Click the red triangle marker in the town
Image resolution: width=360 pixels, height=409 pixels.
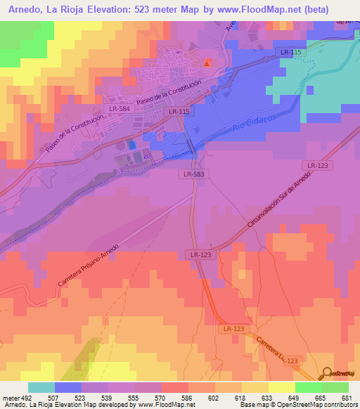(x=207, y=64)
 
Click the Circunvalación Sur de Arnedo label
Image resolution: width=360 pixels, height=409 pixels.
(x=279, y=204)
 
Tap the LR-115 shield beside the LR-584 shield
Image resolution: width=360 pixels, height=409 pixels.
(x=177, y=112)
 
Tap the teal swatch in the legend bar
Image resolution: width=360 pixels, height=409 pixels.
(x=41, y=387)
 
